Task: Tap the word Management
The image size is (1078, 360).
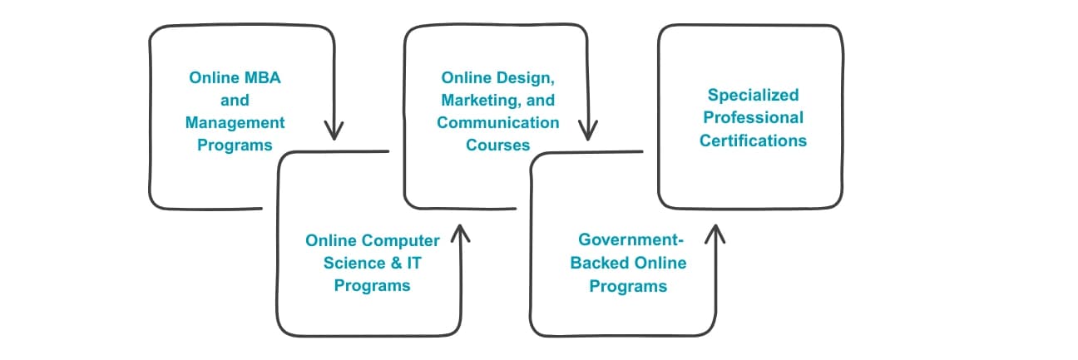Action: click(235, 122)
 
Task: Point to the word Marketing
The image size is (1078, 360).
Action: click(490, 101)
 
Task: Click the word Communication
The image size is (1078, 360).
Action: click(498, 122)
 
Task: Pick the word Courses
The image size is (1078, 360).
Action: click(498, 145)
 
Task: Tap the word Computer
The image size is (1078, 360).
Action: click(401, 241)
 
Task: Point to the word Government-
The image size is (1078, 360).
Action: click(630, 241)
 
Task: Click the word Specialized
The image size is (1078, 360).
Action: click(753, 96)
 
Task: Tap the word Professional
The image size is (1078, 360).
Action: click(753, 118)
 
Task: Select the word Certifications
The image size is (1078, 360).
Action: click(753, 141)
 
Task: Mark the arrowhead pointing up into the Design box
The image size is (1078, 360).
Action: click(459, 231)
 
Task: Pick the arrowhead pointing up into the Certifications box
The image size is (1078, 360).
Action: click(714, 231)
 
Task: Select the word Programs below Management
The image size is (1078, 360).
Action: click(235, 145)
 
